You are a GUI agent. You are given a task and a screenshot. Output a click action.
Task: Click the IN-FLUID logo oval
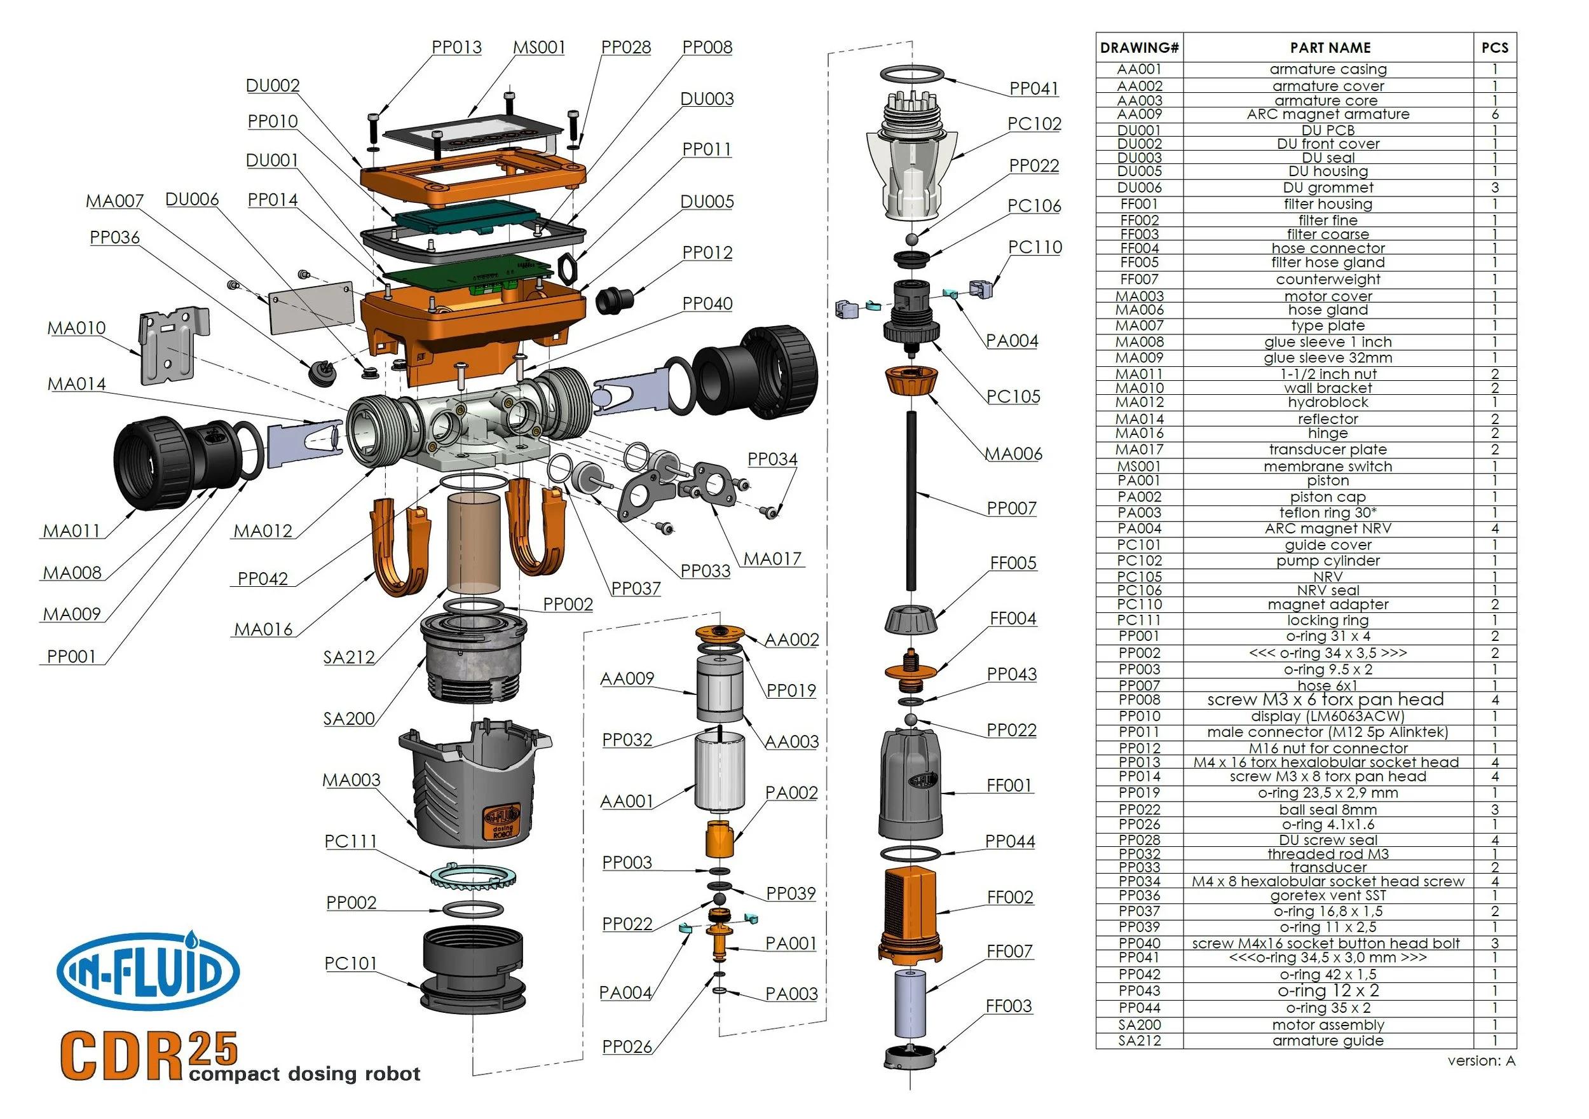coord(148,971)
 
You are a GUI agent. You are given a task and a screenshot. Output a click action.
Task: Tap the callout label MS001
coord(539,47)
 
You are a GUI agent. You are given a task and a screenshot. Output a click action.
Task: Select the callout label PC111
coord(351,841)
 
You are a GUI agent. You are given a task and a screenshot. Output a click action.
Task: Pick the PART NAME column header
coord(1330,48)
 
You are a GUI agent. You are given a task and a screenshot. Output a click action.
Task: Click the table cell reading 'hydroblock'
coord(1327,402)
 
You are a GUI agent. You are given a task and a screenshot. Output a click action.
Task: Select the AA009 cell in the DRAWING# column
coord(1139,114)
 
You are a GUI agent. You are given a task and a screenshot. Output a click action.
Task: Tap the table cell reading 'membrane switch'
coord(1327,467)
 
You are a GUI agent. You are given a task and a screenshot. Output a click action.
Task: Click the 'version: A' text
coord(1480,1061)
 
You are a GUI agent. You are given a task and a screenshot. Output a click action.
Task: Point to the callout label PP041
coord(1033,88)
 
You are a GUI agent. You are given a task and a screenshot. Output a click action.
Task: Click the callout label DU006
coord(192,200)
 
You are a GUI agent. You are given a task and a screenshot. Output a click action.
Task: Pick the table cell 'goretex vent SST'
coord(1327,895)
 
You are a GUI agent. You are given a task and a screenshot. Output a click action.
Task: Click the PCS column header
coord(1494,48)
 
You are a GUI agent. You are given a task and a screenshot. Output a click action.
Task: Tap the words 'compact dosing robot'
coord(304,1074)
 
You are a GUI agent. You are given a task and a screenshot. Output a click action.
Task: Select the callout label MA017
coord(772,559)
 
